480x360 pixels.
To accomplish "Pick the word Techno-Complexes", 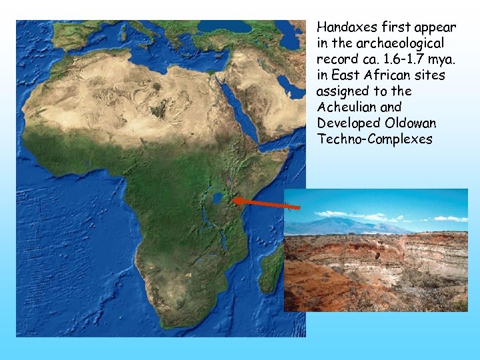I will [375, 139].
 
